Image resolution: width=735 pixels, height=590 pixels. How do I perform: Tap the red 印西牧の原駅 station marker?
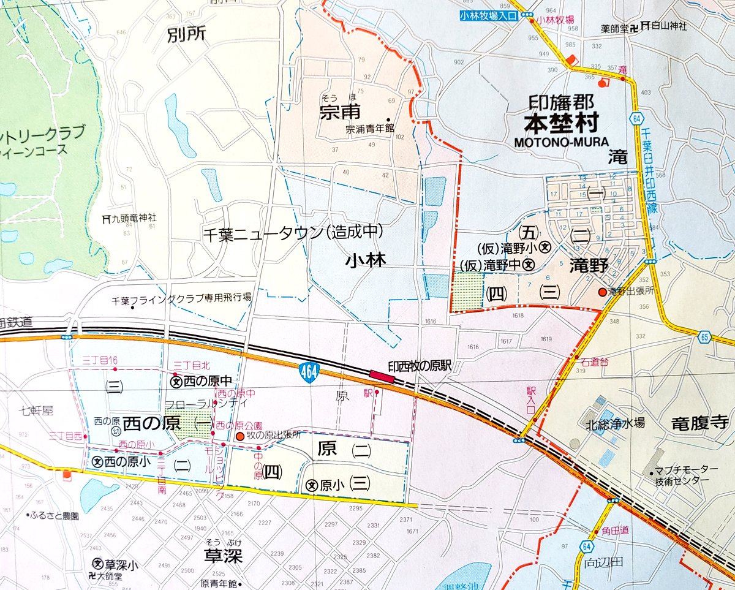click(x=381, y=375)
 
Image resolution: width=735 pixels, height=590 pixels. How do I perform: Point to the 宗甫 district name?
click(x=338, y=113)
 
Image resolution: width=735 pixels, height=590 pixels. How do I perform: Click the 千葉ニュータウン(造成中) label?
click(x=293, y=232)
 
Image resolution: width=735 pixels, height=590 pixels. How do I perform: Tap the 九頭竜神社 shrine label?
click(x=130, y=217)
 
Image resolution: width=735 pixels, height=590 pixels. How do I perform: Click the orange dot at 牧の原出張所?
click(x=240, y=436)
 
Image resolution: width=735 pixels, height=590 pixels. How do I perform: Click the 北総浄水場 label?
click(x=614, y=422)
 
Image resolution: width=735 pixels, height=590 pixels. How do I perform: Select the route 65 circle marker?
click(x=703, y=336)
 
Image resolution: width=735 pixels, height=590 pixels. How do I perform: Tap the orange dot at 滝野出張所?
click(x=602, y=292)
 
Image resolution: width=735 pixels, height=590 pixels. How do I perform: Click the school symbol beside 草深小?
click(x=97, y=564)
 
